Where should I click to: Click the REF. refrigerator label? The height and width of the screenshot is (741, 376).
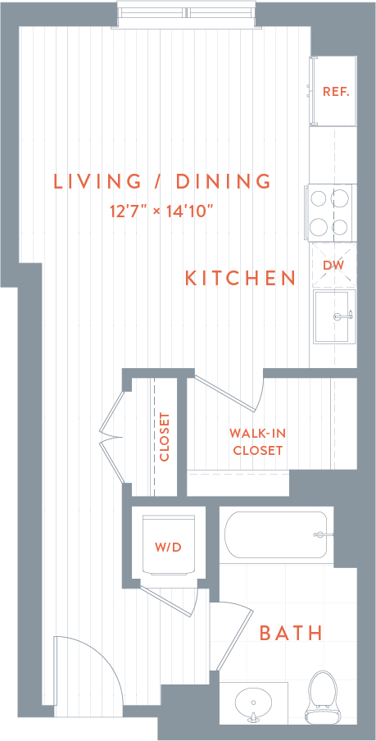336,91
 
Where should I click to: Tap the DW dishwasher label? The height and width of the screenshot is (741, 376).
333,265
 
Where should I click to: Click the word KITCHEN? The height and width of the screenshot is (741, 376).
240,278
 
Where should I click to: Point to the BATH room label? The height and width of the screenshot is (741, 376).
291,633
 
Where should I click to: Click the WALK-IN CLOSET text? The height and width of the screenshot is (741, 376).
257,442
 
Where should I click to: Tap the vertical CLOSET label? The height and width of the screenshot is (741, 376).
165,436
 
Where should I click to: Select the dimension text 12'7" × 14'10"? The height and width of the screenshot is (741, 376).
161,211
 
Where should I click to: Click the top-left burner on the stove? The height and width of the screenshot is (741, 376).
319,198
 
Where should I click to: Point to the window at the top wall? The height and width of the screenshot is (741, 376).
188,13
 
